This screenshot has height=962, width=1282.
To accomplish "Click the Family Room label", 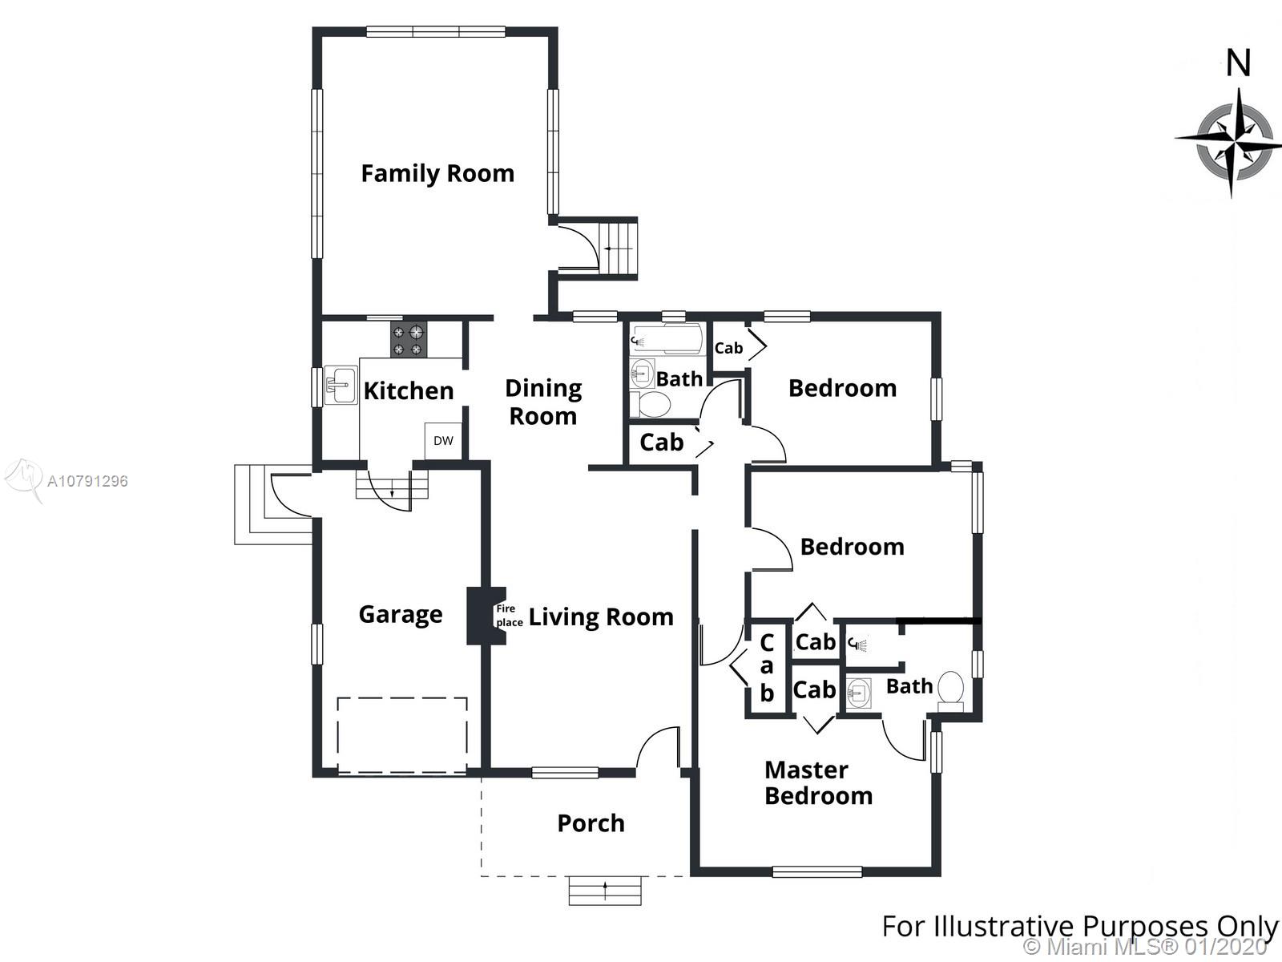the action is (437, 173).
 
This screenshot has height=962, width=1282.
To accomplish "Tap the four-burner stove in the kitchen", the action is (409, 340).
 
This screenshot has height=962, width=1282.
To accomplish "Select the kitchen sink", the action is (341, 386).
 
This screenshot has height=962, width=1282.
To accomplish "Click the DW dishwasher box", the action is (443, 440).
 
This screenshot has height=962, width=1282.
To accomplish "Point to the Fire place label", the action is (510, 616).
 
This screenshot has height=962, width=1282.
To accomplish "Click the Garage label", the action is (401, 615).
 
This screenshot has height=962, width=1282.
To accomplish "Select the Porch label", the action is (591, 823).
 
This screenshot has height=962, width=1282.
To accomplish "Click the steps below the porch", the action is (605, 890).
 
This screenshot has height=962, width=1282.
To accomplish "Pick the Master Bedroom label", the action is (818, 782).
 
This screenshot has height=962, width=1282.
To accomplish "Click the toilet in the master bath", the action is (950, 691).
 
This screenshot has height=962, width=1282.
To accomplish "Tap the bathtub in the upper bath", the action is (665, 339).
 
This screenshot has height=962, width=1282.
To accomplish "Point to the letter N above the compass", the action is (1238, 63).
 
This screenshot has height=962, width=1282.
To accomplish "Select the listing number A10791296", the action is (87, 481).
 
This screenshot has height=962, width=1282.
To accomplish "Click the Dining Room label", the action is (543, 402).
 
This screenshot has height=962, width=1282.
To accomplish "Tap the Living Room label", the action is (601, 617).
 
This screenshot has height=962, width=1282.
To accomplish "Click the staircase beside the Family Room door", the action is (619, 249).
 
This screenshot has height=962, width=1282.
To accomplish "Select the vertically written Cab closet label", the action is (767, 669).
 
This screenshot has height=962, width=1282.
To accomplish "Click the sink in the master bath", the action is (858, 693).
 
